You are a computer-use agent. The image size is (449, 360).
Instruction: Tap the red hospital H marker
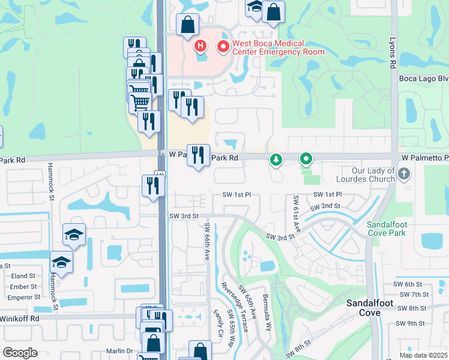click(200, 46)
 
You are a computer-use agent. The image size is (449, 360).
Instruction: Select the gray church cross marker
click(404, 175)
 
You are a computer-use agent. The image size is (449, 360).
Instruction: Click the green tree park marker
click(276, 160)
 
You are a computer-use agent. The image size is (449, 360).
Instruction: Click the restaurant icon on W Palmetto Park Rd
click(198, 155)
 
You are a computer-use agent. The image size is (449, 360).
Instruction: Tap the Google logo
click(20, 353)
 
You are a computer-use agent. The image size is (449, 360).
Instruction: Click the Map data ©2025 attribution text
click(423, 355)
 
